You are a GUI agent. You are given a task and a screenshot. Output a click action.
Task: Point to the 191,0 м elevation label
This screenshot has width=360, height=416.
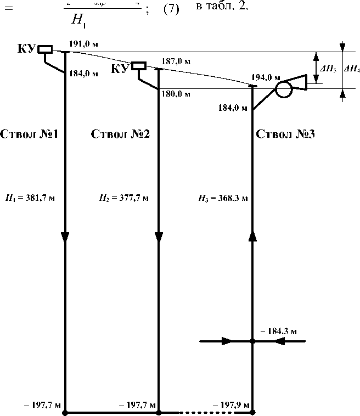coord(84,44)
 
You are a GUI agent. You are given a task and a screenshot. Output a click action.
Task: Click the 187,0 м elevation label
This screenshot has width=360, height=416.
coord(176,61)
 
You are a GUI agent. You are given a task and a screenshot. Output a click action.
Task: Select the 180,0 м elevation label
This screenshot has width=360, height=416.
coord(176,94)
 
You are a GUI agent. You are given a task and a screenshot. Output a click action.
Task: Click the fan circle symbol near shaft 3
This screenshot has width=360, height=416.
coord(284,89)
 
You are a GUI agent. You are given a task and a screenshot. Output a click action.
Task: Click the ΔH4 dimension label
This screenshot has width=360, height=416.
coord(351,69)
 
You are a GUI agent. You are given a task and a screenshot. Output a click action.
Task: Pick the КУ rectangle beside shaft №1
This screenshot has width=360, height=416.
coord(45,49)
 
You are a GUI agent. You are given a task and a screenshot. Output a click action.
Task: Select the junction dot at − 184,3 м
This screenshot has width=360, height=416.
coord(252,341)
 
